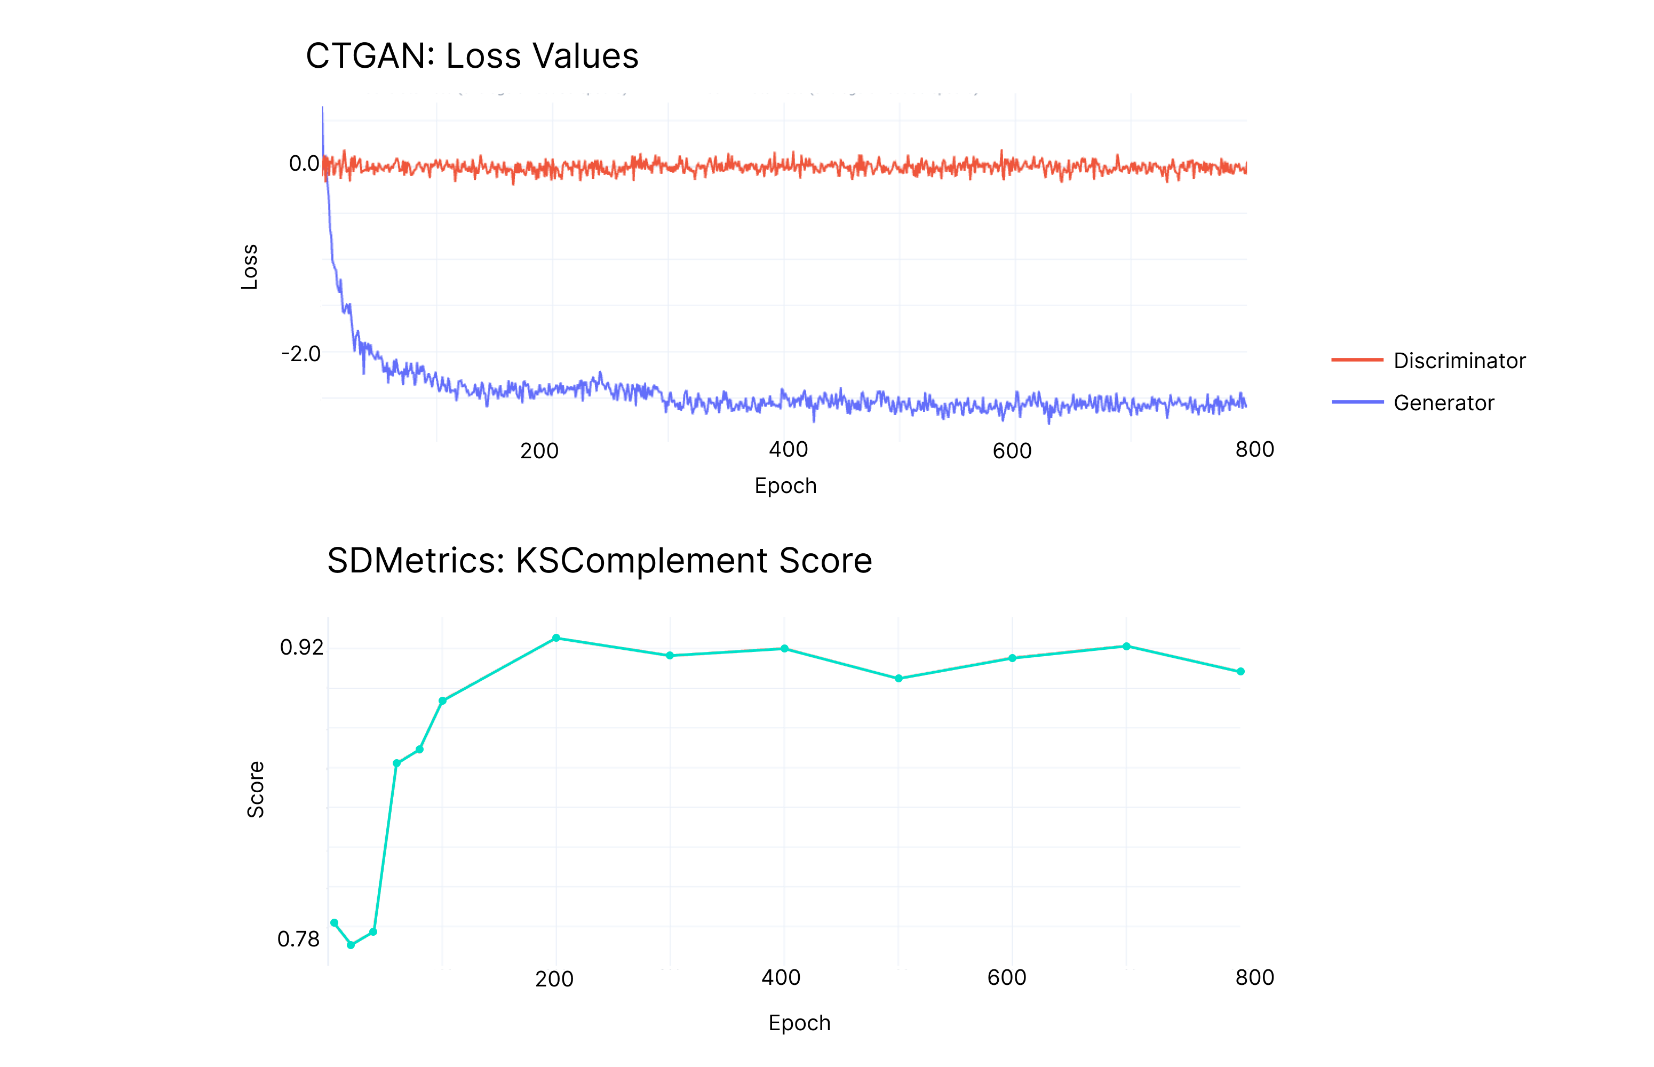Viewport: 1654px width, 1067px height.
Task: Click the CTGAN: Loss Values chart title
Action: click(x=471, y=56)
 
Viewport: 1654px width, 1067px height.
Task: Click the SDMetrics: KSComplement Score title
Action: click(x=599, y=561)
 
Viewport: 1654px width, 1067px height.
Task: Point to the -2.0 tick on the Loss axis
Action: click(x=301, y=354)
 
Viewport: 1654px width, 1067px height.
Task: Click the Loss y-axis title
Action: click(x=250, y=267)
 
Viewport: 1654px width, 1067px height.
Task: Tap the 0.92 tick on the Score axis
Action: click(x=301, y=647)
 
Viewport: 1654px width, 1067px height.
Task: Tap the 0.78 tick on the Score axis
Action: click(x=299, y=939)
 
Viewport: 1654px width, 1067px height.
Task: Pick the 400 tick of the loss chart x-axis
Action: click(x=788, y=450)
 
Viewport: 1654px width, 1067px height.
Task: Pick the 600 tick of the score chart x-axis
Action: click(x=1006, y=977)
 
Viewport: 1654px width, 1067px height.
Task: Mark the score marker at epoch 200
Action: click(x=556, y=638)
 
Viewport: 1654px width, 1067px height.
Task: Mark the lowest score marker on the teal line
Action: click(x=351, y=945)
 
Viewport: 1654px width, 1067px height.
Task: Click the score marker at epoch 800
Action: click(x=1240, y=671)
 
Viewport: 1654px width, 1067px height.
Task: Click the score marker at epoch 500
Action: click(x=898, y=678)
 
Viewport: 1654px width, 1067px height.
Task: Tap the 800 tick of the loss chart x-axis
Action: click(x=1254, y=450)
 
